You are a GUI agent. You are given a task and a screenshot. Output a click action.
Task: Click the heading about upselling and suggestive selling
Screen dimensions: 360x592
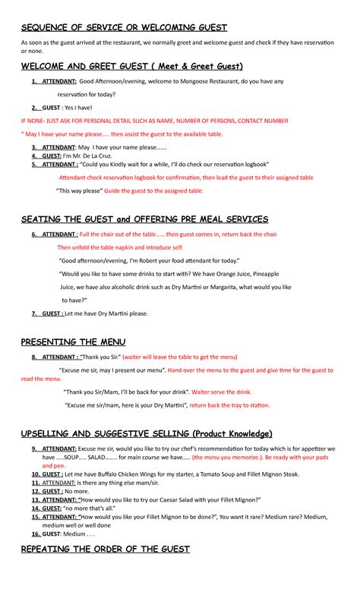(x=146, y=433)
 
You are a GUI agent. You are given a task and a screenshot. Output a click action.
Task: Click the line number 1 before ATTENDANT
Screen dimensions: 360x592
(x=34, y=81)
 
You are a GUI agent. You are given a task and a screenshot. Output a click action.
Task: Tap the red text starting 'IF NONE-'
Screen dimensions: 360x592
(x=154, y=120)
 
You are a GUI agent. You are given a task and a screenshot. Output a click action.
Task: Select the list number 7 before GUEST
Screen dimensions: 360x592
(x=34, y=313)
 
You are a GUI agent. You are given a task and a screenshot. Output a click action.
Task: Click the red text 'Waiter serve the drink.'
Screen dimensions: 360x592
(x=222, y=392)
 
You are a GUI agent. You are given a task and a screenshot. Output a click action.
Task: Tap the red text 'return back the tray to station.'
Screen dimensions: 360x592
(x=229, y=405)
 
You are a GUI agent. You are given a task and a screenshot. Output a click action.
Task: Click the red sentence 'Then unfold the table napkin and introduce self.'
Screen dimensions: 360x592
(x=120, y=247)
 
